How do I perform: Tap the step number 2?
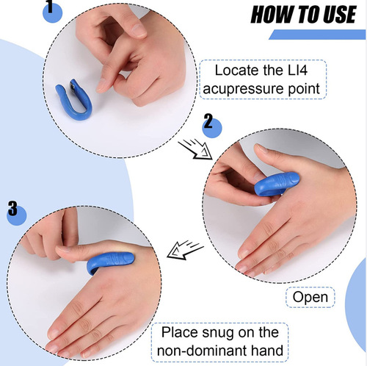pos(208,121)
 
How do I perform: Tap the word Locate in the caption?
pos(239,71)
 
